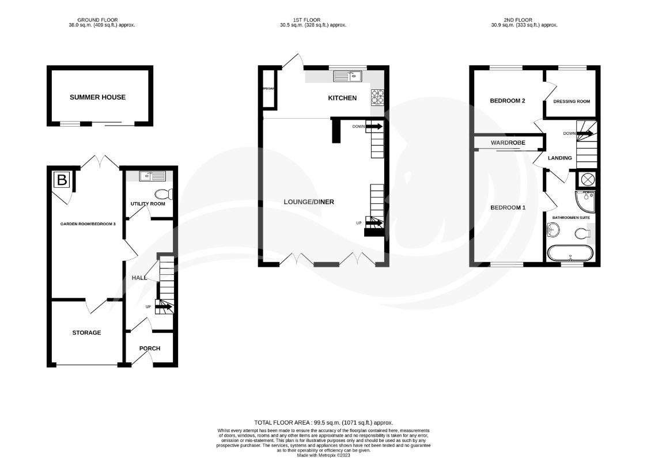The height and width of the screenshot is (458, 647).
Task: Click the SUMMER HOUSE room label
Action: pos(97,97)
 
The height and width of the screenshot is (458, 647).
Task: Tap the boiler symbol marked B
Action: pos(62,180)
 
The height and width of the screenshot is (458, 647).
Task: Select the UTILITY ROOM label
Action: pos(147,204)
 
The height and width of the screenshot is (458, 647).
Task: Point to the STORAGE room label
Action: pos(86,332)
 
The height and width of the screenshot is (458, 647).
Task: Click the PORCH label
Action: pos(149,349)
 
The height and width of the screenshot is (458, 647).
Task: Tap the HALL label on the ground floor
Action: pos(139,278)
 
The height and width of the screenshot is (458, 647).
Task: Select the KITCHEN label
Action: pos(342,98)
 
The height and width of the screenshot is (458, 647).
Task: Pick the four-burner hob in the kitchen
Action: pos(377,97)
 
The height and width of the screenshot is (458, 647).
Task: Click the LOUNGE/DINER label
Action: pos(309,202)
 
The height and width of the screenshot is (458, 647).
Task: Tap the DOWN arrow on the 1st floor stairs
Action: pos(373,126)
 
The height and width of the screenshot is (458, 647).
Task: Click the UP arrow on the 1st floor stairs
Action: pos(373,222)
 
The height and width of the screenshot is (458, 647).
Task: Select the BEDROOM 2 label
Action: pos(508,101)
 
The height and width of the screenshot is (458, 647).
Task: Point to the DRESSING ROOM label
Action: pos(572,101)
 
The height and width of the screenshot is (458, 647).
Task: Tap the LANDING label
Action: pos(560,158)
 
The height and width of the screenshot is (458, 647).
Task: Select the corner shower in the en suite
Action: pos(587,199)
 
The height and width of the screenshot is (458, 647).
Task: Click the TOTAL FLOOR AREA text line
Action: pos(323,422)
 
